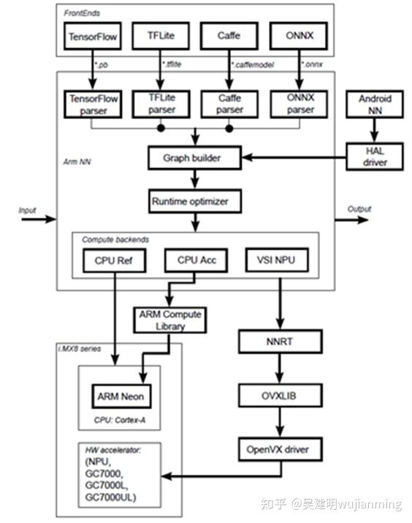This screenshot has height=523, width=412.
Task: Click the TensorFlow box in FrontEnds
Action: pyautogui.click(x=94, y=34)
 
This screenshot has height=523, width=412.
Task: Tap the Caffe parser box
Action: pyautogui.click(x=229, y=104)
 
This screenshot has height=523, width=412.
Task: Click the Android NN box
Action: pyautogui.click(x=375, y=104)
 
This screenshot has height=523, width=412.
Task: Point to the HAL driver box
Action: pyautogui.click(x=375, y=156)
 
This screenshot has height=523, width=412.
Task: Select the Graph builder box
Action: pyautogui.click(x=195, y=156)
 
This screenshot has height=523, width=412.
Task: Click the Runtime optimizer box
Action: pyautogui.click(x=195, y=200)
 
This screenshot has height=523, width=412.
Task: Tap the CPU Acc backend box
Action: pyautogui.click(x=195, y=259)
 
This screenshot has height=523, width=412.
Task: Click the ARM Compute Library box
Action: pyautogui.click(x=169, y=320)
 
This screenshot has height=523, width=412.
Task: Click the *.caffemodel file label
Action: pyautogui.click(x=253, y=64)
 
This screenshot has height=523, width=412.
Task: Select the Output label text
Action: pyautogui.click(x=359, y=209)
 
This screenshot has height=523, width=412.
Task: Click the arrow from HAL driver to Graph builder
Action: pyautogui.click(x=295, y=156)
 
